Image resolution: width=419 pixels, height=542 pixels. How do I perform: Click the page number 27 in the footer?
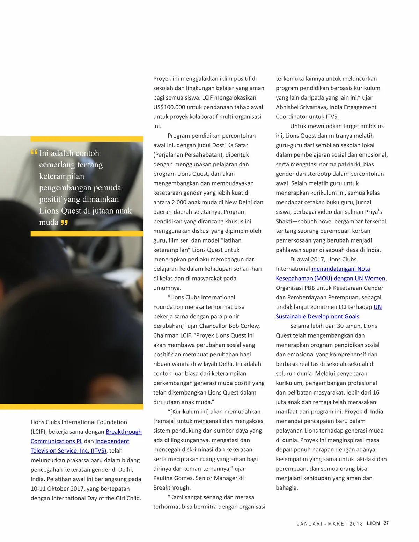386,523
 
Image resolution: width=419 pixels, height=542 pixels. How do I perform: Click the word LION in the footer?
373,523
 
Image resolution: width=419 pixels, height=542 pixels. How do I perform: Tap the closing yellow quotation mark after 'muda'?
64,223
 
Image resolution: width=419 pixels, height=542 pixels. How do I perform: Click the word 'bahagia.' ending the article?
287,487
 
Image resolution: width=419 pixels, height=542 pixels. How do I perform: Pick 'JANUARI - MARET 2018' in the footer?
330,523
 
